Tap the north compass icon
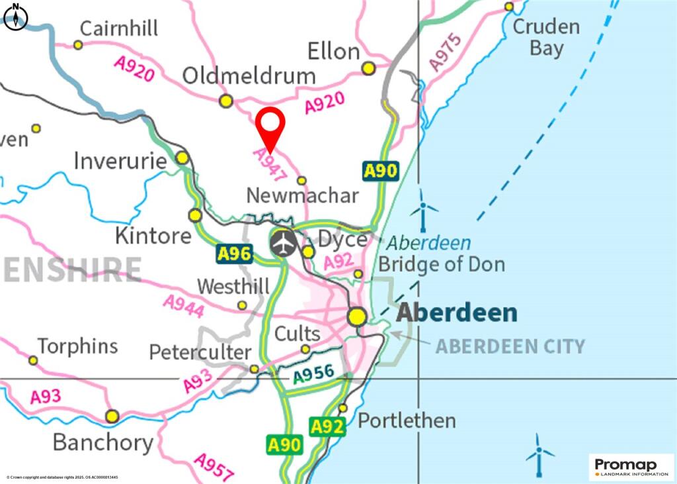pos(16,17)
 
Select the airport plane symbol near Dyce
pos(284,243)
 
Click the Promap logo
pos(631,467)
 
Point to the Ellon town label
pos(334,52)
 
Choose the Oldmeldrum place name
pos(249,75)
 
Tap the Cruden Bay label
pos(546,37)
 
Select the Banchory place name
pos(102,442)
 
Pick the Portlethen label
pos(407,420)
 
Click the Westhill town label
pos(233,287)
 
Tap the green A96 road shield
pos(235,253)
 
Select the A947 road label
pos(270,164)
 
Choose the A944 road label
pos(183,307)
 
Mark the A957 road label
pos(214,467)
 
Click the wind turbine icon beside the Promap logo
pos(539,456)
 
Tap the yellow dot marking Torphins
pos(33,360)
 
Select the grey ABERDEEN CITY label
pos(510,346)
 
